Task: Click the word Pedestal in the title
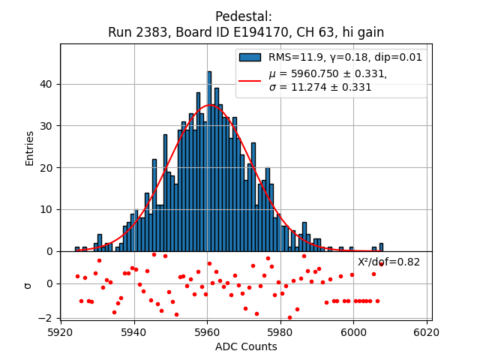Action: tap(244, 16)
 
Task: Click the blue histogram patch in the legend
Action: tap(250, 57)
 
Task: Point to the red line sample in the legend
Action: tap(250, 80)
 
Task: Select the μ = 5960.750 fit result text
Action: tap(328, 73)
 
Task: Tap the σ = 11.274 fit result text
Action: tap(320, 87)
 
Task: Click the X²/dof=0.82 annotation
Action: tap(388, 262)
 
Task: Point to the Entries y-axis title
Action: tap(30, 148)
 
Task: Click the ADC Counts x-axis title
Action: tap(246, 346)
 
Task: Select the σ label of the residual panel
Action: tap(28, 285)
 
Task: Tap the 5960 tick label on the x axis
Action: tap(207, 331)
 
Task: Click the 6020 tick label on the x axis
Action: tap(427, 331)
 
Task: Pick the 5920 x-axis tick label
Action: tap(61, 331)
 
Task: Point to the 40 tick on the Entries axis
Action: tap(46, 84)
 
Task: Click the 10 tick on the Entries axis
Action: tap(46, 209)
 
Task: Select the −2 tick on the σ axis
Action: tap(46, 318)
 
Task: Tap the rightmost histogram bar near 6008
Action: tap(381, 247)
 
